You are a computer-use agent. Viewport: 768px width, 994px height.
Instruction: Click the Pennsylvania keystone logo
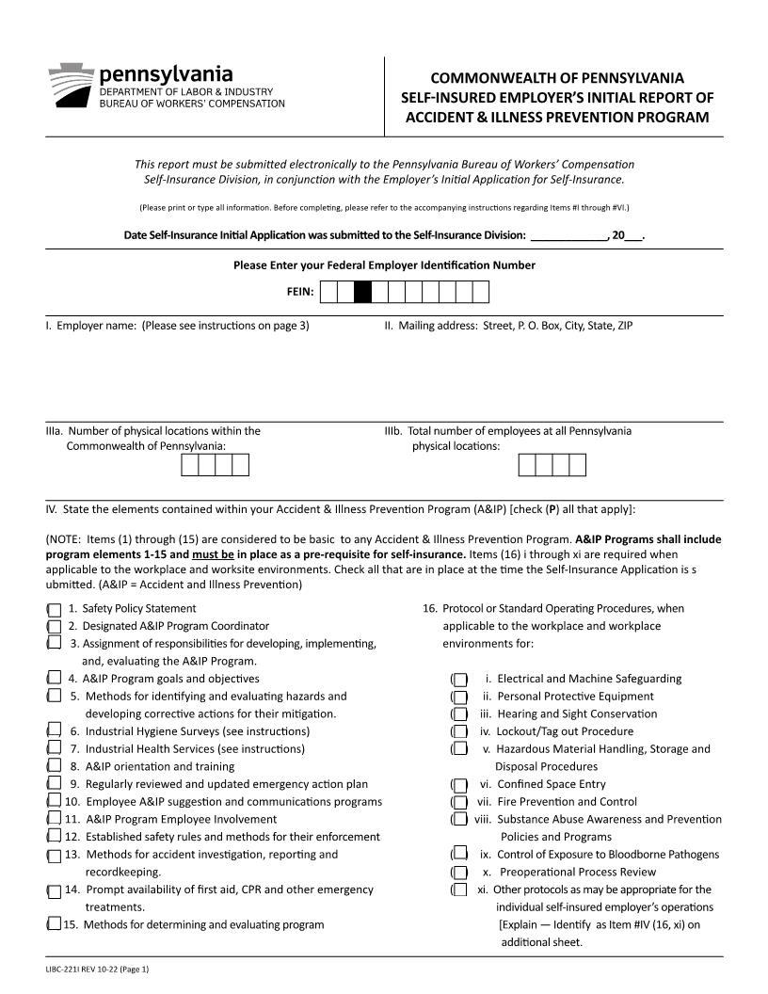click(x=70, y=86)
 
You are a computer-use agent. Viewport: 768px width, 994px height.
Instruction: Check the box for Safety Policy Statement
click(x=55, y=609)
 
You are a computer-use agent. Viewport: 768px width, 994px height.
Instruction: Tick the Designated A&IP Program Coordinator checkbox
click(x=55, y=626)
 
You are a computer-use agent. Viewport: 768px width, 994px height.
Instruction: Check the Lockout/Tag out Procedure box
click(x=460, y=731)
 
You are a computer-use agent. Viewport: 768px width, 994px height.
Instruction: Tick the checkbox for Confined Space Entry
click(x=460, y=784)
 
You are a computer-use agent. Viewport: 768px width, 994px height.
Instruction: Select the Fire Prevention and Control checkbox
click(x=460, y=802)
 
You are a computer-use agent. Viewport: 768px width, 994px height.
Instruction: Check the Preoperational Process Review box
click(x=460, y=873)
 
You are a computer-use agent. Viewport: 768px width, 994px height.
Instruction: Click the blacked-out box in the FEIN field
click(x=362, y=293)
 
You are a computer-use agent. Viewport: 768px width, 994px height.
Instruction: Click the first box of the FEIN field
click(x=328, y=293)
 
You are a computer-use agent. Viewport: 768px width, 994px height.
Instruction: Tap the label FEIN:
click(x=300, y=293)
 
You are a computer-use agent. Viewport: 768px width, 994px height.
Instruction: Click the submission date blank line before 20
click(x=568, y=235)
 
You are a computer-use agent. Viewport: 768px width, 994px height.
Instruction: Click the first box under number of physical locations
click(x=190, y=466)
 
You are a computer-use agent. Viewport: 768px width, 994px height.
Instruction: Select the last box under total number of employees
click(x=577, y=466)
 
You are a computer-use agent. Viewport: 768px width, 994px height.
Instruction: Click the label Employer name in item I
click(x=97, y=327)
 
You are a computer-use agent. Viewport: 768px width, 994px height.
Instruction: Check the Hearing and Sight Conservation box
click(x=460, y=714)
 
